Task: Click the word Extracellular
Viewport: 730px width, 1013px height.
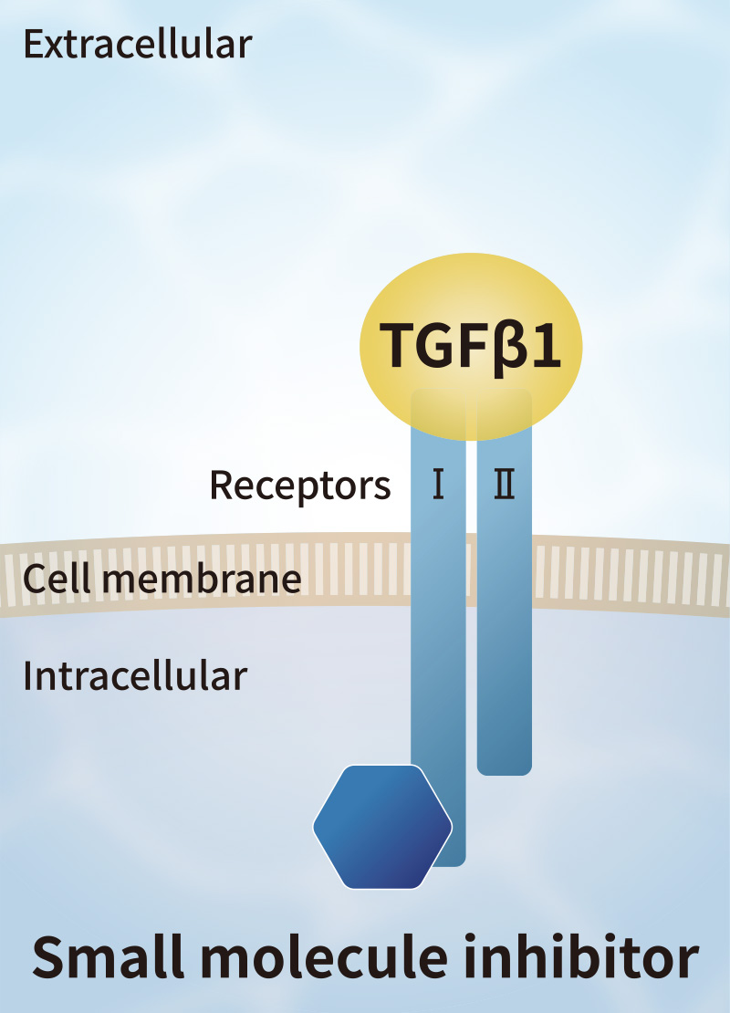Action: (x=137, y=44)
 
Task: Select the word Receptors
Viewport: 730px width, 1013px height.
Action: (x=300, y=486)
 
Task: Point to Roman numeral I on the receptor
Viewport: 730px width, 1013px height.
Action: (x=438, y=486)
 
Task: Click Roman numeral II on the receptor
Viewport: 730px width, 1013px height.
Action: (x=504, y=486)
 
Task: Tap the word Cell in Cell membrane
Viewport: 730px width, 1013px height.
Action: (x=55, y=579)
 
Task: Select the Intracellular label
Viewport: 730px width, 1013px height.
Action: (x=135, y=676)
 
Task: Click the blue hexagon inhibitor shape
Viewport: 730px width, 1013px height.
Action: (x=382, y=827)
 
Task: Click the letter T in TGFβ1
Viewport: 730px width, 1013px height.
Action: (x=395, y=346)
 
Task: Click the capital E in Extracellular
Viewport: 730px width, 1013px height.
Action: (x=34, y=44)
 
